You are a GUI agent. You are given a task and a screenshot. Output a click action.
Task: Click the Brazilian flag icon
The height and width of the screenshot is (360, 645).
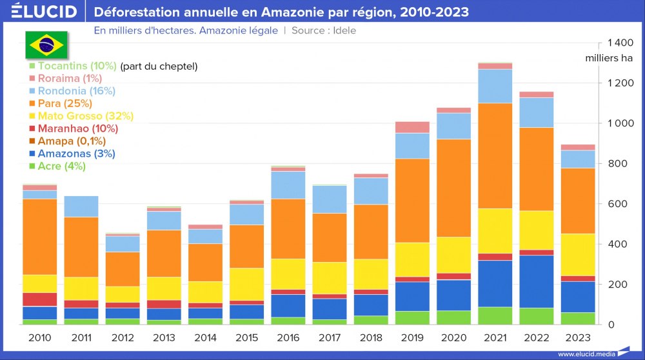(x=46, y=45)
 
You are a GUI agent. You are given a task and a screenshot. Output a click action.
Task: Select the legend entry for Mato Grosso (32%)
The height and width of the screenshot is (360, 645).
(x=85, y=116)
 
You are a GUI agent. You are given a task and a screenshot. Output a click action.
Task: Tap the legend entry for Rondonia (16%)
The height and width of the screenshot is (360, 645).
(x=76, y=91)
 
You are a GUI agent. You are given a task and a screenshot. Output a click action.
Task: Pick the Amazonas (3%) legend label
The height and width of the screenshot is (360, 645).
(x=76, y=154)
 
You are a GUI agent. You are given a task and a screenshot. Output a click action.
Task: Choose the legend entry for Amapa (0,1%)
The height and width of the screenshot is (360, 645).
(x=72, y=141)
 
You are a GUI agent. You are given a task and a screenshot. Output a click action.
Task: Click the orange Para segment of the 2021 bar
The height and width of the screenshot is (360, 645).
(x=495, y=155)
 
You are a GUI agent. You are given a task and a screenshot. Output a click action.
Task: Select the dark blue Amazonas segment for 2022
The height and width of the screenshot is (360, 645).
(x=537, y=281)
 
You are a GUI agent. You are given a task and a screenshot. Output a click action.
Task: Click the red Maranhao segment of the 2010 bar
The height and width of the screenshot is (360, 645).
(x=39, y=299)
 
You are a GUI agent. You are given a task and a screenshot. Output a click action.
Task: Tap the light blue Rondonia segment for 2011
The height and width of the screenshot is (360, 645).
(x=81, y=206)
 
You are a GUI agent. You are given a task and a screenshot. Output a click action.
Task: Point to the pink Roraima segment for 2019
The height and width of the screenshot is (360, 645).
(x=412, y=127)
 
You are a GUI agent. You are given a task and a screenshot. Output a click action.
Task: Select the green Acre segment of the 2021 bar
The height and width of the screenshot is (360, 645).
(x=495, y=315)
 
